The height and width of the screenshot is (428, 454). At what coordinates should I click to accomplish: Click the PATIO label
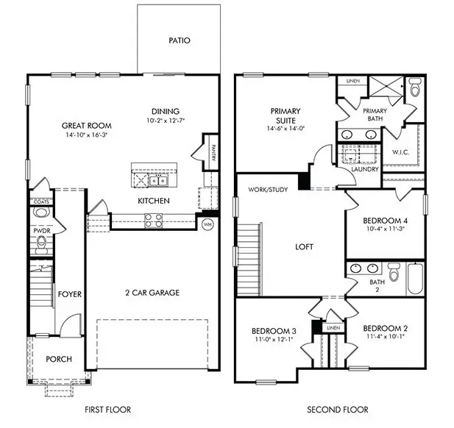pos(179,40)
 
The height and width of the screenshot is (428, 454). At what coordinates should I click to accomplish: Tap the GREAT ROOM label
pos(81,125)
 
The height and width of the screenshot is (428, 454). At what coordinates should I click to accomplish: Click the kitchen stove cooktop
pos(154,218)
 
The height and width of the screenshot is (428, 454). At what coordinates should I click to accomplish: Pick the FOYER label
pos(69,294)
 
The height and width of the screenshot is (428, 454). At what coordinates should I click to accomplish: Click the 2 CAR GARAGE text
pos(152,293)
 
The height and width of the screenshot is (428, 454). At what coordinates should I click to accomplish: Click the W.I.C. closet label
pos(400,153)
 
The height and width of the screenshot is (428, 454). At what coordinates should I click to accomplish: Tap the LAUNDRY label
pos(366,169)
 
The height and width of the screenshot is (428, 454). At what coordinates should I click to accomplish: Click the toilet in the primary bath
pos(414,90)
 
